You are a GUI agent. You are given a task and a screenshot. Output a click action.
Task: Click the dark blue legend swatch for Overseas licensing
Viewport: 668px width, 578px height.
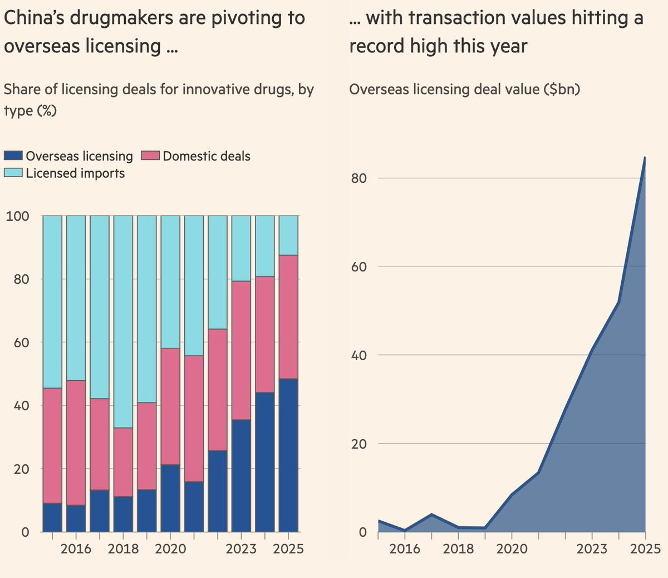[13, 156]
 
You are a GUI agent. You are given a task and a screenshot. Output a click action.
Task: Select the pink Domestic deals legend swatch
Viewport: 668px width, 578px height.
[150, 156]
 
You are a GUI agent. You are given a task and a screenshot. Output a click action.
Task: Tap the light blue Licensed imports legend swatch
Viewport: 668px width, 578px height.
[13, 172]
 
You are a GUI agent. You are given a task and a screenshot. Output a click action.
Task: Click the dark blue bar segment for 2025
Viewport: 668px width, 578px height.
[288, 455]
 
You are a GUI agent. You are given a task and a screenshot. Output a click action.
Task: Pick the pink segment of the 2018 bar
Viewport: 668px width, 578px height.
[123, 462]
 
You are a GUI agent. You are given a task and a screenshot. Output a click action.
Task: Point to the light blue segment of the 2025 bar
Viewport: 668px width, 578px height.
[288, 235]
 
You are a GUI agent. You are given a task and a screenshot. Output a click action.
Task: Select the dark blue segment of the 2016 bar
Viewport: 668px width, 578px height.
[76, 518]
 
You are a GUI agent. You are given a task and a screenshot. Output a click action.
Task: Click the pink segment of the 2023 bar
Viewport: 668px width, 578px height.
[241, 350]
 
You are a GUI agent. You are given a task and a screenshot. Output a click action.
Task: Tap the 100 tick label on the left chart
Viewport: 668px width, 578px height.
[17, 216]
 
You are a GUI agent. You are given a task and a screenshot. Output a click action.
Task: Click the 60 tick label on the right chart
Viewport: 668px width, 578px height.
[358, 266]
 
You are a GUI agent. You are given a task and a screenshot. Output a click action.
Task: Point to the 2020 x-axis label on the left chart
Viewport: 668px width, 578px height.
[170, 549]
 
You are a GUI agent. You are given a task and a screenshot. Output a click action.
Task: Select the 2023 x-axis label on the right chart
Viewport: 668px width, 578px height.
[592, 549]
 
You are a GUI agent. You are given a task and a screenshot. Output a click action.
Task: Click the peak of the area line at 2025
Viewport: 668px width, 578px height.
[645, 157]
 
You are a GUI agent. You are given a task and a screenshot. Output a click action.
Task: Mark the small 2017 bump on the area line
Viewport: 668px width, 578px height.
[431, 514]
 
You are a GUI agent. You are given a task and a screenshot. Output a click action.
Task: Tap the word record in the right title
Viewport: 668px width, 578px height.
[376, 46]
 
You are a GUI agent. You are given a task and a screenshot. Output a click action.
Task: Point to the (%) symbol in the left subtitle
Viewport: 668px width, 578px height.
[47, 111]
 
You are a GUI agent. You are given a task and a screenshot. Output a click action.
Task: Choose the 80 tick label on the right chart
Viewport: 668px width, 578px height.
[358, 178]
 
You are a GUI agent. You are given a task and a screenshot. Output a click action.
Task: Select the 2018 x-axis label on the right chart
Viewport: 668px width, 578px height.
[458, 549]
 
